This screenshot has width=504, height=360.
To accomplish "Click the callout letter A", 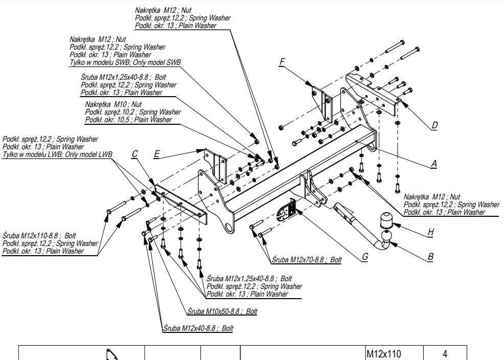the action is pyautogui.click(x=433, y=164).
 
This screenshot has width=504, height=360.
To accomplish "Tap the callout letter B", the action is pyautogui.click(x=431, y=257).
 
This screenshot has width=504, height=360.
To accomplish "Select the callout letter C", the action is pyautogui.click(x=134, y=154).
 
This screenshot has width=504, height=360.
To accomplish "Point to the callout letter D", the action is pyautogui.click(x=434, y=125).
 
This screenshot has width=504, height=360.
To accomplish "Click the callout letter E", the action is pyautogui.click(x=156, y=154).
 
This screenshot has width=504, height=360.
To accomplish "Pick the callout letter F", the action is pyautogui.click(x=282, y=62).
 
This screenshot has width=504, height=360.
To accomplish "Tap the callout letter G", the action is pyautogui.click(x=365, y=257).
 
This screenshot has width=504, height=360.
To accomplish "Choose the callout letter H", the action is pyautogui.click(x=431, y=232).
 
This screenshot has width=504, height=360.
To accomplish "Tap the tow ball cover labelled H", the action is pyautogui.click(x=385, y=220).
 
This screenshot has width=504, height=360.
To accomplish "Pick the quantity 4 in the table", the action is pyautogui.click(x=445, y=354).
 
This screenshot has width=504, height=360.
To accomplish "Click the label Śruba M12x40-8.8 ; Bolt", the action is pyautogui.click(x=198, y=328).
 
